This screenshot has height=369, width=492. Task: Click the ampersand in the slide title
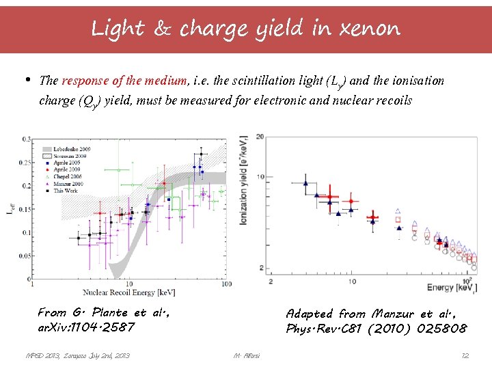[165, 29]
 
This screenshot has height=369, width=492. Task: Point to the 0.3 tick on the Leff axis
[27, 139]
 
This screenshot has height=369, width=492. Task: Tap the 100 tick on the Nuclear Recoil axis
[225, 284]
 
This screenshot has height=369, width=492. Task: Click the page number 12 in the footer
[465, 355]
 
